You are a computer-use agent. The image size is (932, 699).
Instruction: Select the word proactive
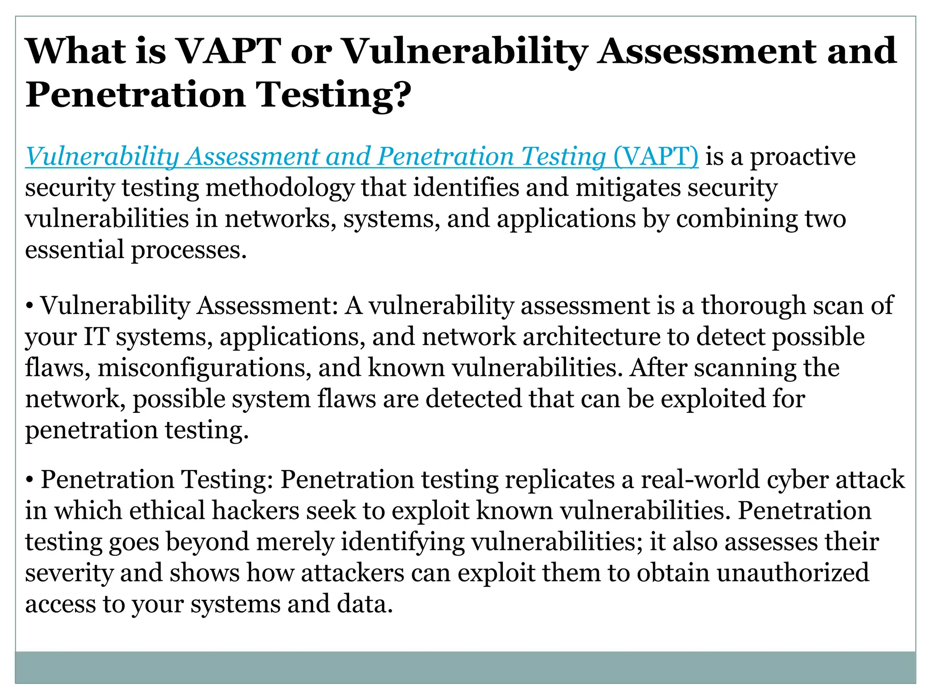pyautogui.click(x=803, y=157)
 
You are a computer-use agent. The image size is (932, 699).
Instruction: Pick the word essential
pyautogui.click(x=74, y=250)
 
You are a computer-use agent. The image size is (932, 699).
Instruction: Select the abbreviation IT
pyautogui.click(x=96, y=337)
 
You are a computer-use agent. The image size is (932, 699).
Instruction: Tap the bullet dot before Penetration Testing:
pyautogui.click(x=29, y=480)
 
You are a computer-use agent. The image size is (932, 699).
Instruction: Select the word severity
pyautogui.click(x=69, y=573)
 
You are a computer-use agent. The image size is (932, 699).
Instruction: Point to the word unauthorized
pyautogui.click(x=793, y=572)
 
